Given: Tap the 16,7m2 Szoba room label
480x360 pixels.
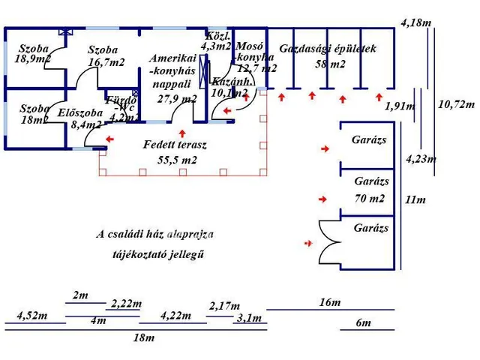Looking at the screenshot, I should (x=105, y=57).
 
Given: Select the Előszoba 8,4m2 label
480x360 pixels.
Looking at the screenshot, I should (x=79, y=119).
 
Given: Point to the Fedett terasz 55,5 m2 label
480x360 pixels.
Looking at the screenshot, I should (x=175, y=151).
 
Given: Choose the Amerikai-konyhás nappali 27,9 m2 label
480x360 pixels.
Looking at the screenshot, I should (x=173, y=78).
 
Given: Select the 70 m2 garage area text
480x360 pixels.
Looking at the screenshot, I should (x=370, y=199).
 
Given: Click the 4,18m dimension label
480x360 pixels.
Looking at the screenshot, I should (x=416, y=23).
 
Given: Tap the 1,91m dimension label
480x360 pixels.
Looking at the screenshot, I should (x=400, y=106).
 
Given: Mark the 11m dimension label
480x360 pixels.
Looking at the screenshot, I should (x=415, y=199).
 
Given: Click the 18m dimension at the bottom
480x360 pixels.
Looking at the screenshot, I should (x=143, y=337).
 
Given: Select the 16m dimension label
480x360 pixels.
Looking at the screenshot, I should (x=329, y=302).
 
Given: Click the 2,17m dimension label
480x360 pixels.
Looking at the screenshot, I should (x=224, y=306).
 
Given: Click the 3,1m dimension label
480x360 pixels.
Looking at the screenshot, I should (x=249, y=318).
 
